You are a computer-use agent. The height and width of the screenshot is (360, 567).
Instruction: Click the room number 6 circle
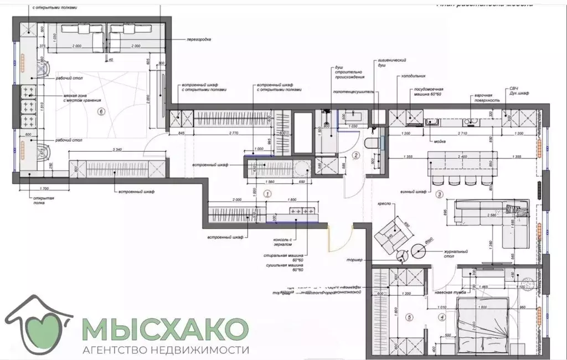pyautogui.click(x=100, y=111)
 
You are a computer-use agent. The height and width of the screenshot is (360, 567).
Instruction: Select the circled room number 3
pyautogui.click(x=439, y=194)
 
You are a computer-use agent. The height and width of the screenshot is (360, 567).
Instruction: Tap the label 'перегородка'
pyautogui.click(x=200, y=40)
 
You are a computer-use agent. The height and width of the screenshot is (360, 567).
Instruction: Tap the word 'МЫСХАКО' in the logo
pyautogui.click(x=164, y=330)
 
